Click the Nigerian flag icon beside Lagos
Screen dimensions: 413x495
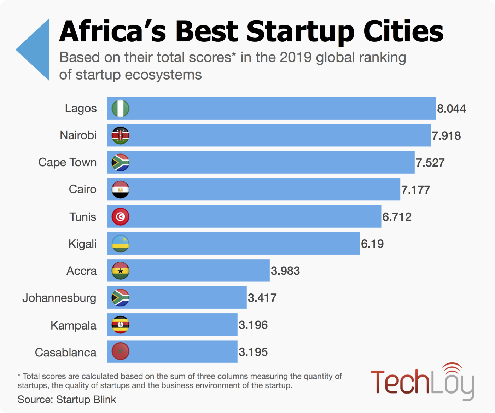tap(120, 108)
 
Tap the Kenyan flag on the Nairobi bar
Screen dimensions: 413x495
tap(120, 135)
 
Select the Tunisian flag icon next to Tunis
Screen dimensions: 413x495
tap(120, 217)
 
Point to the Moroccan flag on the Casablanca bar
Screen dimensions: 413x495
tap(120, 351)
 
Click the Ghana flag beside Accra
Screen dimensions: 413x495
tap(120, 271)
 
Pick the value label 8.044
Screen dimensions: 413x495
tap(451, 109)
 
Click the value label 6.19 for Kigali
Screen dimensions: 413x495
tap(372, 244)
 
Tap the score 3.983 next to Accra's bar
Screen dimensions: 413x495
tap(285, 271)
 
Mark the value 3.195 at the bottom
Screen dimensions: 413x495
tap(253, 352)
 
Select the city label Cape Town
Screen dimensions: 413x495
tap(68, 162)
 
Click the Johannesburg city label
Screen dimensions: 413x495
tap(59, 298)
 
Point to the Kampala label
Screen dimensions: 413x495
tap(73, 325)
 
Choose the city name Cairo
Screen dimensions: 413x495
tap(82, 189)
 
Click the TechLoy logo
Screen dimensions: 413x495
tap(422, 382)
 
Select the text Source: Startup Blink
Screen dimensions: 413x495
tap(67, 400)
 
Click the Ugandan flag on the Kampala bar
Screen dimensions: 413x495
tap(120, 325)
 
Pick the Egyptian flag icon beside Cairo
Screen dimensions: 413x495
tap(120, 190)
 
